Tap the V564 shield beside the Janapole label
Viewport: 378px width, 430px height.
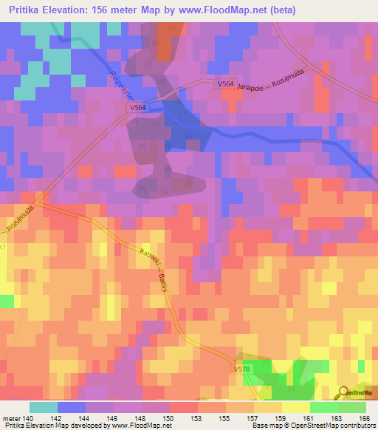click(x=227, y=86)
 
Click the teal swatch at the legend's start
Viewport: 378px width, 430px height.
click(x=44, y=407)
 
